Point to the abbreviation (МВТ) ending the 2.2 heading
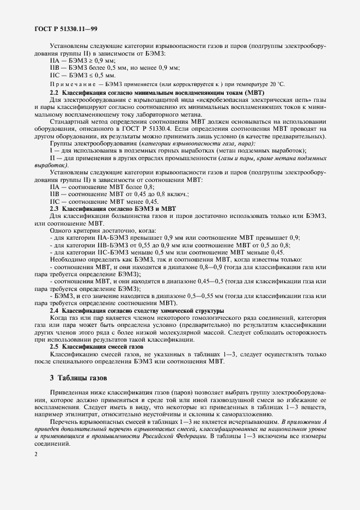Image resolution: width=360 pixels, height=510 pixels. point(252,93)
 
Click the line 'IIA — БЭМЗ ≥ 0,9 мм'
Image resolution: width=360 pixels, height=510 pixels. point(82,61)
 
